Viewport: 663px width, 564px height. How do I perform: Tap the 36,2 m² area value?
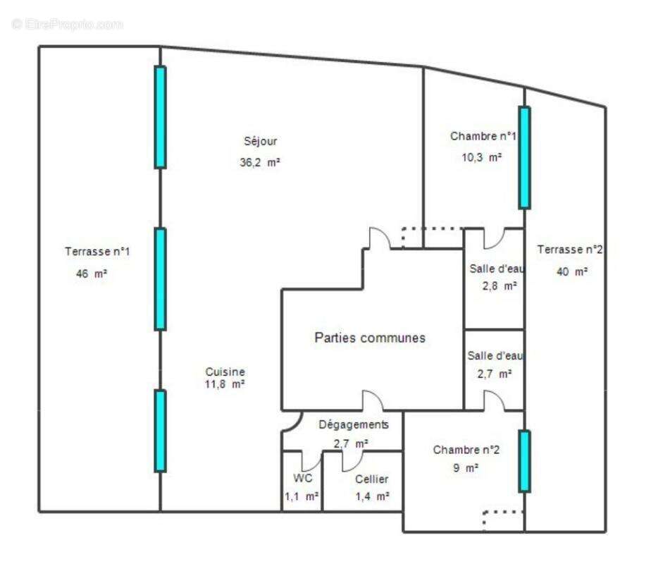pyautogui.click(x=260, y=161)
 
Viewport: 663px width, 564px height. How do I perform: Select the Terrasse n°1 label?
pyautogui.click(x=97, y=251)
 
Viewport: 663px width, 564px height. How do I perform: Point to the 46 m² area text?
pyautogui.click(x=91, y=274)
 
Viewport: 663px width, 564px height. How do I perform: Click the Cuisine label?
pyautogui.click(x=225, y=372)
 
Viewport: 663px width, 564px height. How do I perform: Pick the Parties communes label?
pyautogui.click(x=369, y=338)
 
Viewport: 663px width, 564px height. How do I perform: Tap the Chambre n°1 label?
pyautogui.click(x=483, y=136)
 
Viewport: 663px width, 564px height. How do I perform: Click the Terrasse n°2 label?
pyautogui.click(x=569, y=249)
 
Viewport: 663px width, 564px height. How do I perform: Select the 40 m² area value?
pyautogui.click(x=571, y=271)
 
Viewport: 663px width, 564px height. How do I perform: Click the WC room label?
pyautogui.click(x=302, y=478)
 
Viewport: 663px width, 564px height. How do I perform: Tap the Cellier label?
pyautogui.click(x=371, y=479)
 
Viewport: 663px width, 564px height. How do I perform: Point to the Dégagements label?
pyautogui.click(x=353, y=424)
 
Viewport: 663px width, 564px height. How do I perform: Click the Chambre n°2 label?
pyautogui.click(x=466, y=450)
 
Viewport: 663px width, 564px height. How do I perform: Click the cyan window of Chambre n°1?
pyautogui.click(x=523, y=157)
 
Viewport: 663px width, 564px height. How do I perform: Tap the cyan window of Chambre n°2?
pyautogui.click(x=523, y=461)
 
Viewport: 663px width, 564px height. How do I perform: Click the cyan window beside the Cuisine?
pyautogui.click(x=160, y=431)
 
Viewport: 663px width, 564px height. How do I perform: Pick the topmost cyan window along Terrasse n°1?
pyautogui.click(x=160, y=117)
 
